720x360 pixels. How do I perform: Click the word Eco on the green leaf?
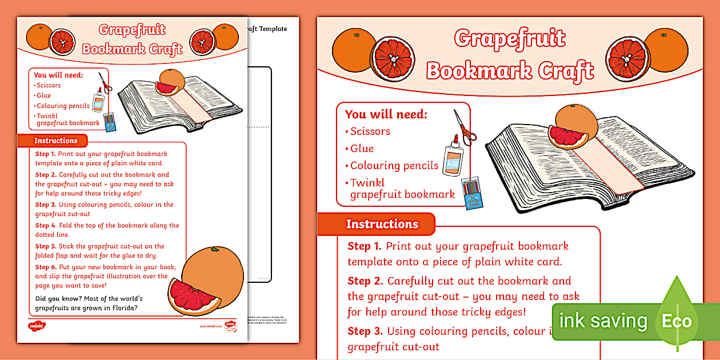click(677, 321)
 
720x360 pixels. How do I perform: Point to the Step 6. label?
click(45, 267)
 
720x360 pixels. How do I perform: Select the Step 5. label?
click(45, 246)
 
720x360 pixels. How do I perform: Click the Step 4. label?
click(45, 225)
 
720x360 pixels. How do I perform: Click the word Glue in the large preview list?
click(362, 149)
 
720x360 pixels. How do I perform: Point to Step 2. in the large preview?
click(366, 281)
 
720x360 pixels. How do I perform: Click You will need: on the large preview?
click(386, 114)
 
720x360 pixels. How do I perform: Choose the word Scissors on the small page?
click(49, 86)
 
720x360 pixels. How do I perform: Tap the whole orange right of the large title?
click(666, 50)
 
